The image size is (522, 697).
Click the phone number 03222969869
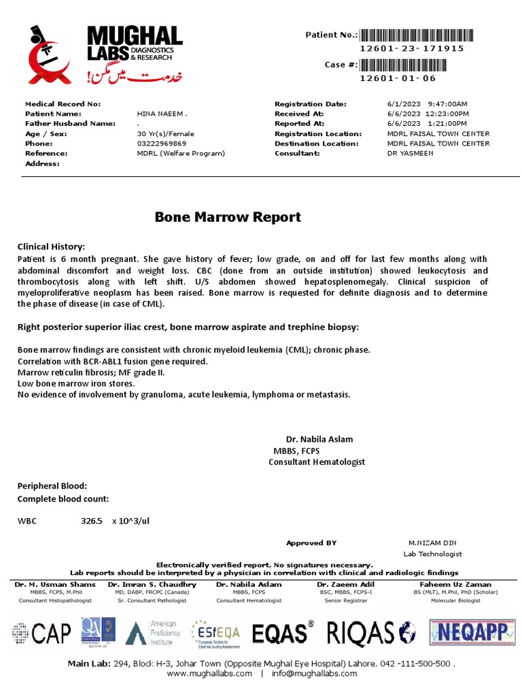pyautogui.click(x=162, y=144)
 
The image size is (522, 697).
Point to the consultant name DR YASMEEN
pyautogui.click(x=410, y=154)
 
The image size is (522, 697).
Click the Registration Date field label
pyautogui.click(x=311, y=104)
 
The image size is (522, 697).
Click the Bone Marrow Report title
pyautogui.click(x=228, y=217)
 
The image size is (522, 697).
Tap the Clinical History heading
pyautogui.click(x=51, y=246)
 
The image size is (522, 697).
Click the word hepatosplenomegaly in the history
pyautogui.click(x=428, y=281)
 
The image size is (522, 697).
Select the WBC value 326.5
pyautogui.click(x=91, y=521)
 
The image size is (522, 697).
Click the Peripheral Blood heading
pyautogui.click(x=52, y=486)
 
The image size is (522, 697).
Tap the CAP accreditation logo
pyautogui.click(x=41, y=633)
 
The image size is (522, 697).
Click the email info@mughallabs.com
pyautogui.click(x=314, y=673)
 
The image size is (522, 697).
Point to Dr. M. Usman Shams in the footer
pyautogui.click(x=55, y=584)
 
